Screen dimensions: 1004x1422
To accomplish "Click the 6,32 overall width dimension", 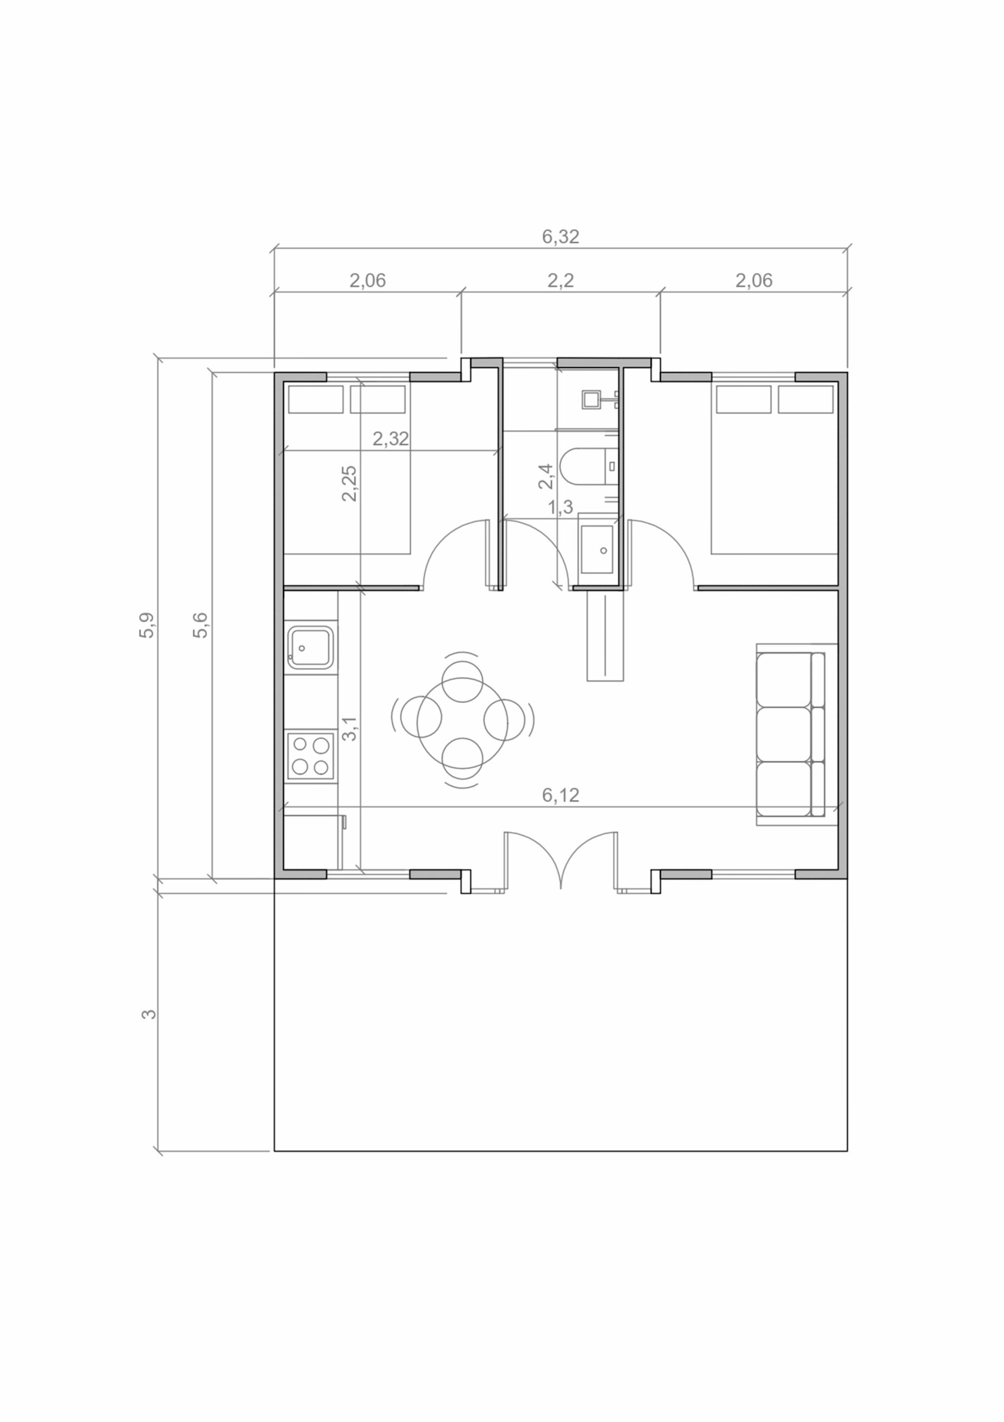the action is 560,237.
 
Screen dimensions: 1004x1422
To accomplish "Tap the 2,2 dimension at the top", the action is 560,281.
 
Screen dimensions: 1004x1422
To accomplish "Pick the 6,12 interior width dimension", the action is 560,795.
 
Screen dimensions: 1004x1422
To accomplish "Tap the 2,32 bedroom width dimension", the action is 391,438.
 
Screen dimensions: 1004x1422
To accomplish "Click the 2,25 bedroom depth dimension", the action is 349,483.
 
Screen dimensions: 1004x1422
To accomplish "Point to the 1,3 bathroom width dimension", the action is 560,508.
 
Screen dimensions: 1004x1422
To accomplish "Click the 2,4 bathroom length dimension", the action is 546,476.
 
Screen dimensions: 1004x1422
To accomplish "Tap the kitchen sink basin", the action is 310,648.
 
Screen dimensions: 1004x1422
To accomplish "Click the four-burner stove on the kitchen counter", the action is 310,755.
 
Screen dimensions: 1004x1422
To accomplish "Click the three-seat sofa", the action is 790,734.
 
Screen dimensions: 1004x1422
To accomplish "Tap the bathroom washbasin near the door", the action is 597,549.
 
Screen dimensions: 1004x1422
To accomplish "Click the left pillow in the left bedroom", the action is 316,399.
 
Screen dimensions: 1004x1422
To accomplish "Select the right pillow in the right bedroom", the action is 805,399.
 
